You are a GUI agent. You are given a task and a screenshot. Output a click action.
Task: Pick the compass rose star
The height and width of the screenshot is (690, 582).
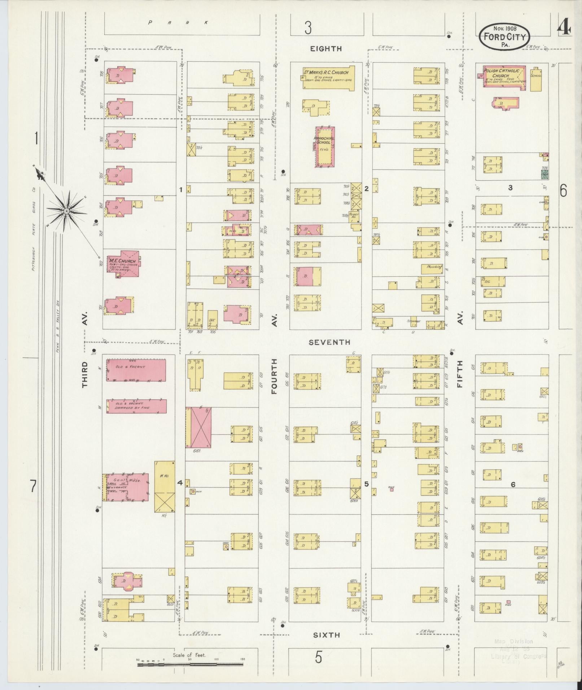click(66, 210)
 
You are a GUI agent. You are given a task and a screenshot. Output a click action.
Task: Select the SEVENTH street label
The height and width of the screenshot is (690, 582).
click(329, 342)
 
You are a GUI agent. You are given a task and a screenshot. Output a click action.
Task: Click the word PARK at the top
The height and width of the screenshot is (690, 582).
click(179, 23)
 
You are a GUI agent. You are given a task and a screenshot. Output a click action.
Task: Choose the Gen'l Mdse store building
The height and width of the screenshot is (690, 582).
click(126, 487)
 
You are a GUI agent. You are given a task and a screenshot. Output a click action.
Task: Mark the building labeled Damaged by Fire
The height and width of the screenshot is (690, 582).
click(136, 406)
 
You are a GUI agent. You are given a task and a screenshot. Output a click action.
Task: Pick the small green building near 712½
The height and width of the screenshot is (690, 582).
click(544, 175)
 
